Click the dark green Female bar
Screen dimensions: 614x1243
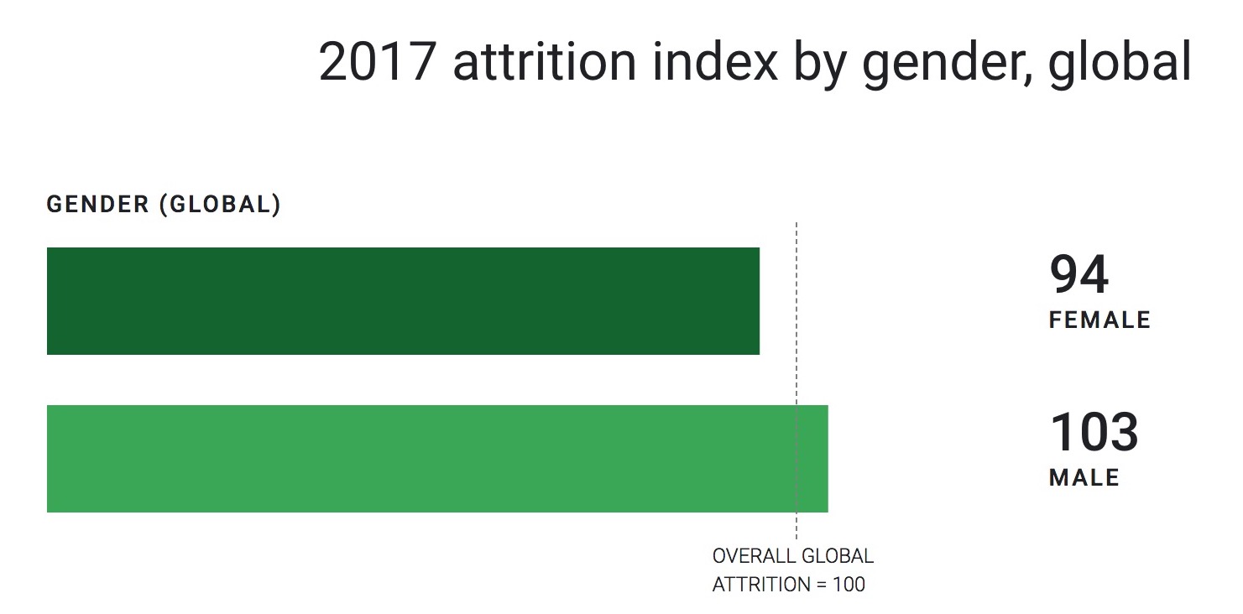(x=403, y=301)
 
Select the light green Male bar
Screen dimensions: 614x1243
(x=436, y=459)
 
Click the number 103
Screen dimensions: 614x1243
(x=1094, y=433)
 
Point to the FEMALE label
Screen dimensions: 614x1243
(x=1099, y=320)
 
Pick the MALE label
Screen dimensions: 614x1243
(x=1084, y=478)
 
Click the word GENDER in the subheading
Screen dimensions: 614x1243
(x=97, y=206)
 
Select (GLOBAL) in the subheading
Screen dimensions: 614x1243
(x=220, y=206)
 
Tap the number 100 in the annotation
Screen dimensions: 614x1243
(x=849, y=585)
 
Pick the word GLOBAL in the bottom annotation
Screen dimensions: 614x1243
(x=838, y=556)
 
